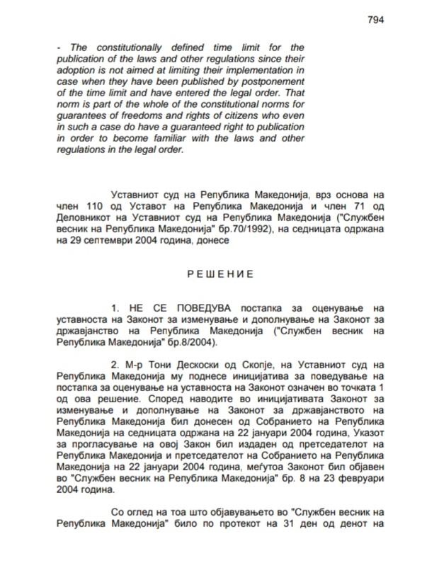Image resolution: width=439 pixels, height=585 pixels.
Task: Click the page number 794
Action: coord(375,20)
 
